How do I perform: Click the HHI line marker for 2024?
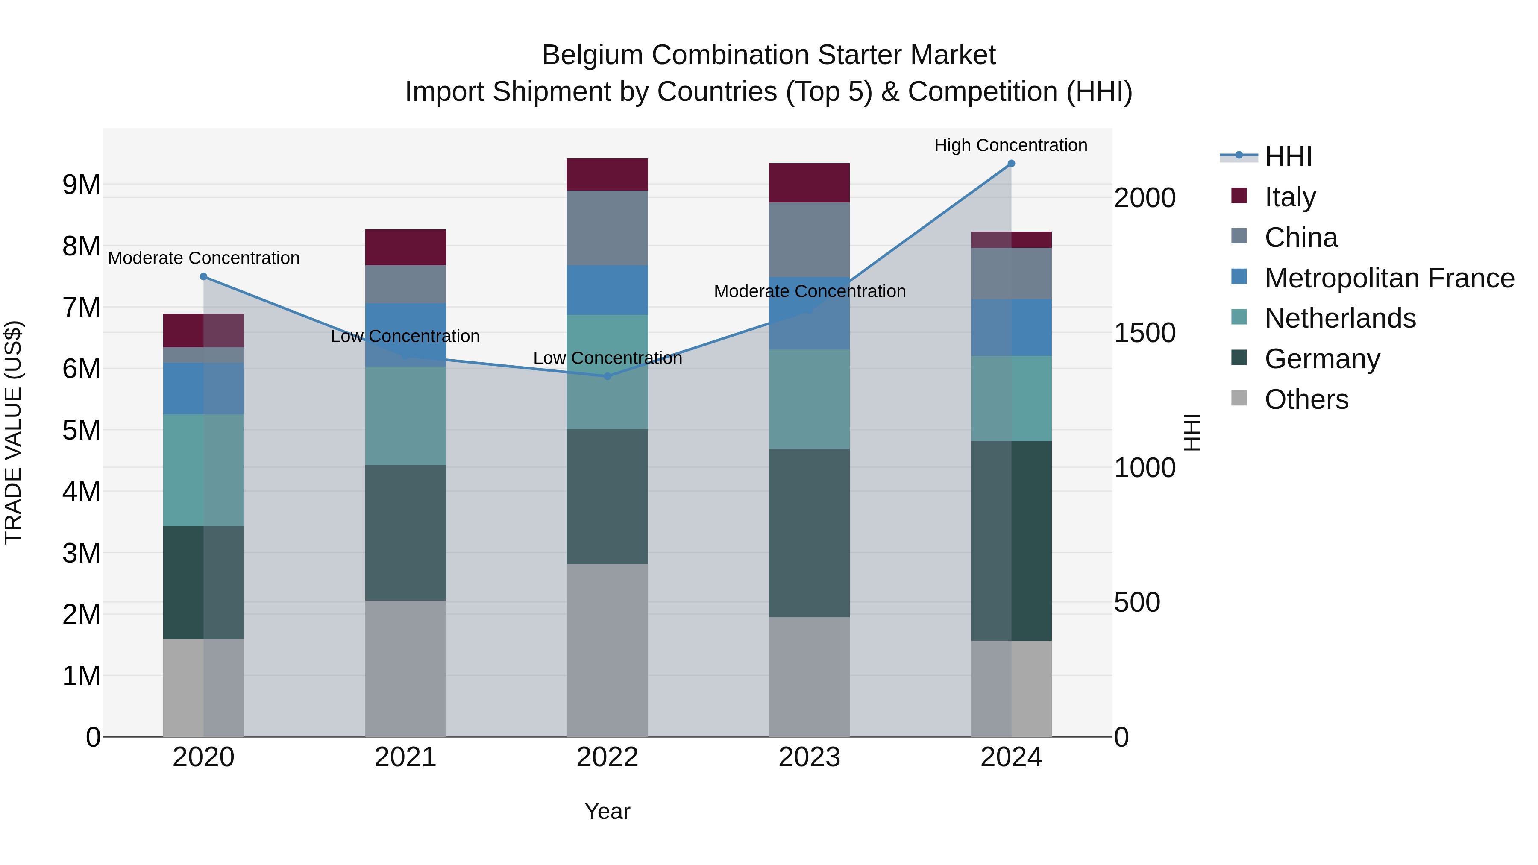click(1011, 163)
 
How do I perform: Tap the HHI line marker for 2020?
click(204, 276)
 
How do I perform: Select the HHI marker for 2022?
click(607, 376)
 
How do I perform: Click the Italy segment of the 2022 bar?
click(607, 174)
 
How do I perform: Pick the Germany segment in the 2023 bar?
click(809, 533)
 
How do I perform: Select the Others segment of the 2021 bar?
click(405, 668)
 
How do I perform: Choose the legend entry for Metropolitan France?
click(1389, 278)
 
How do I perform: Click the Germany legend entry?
click(1322, 359)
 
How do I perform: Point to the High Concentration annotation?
click(1010, 145)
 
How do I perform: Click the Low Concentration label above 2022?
click(607, 358)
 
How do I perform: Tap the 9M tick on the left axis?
click(81, 185)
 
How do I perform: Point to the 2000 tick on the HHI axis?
click(1145, 198)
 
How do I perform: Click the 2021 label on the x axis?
click(405, 757)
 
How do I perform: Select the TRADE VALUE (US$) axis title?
click(13, 432)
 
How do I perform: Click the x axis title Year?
click(607, 811)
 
